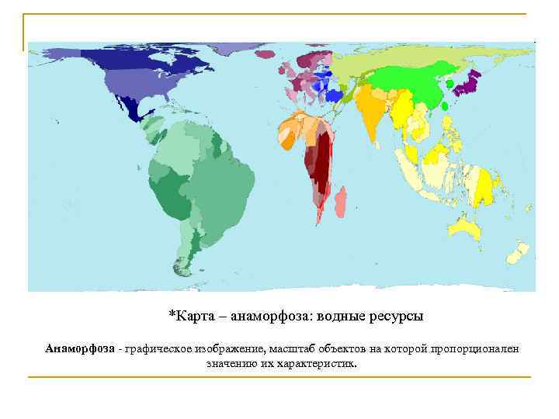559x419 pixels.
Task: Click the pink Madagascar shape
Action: point(339,201)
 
